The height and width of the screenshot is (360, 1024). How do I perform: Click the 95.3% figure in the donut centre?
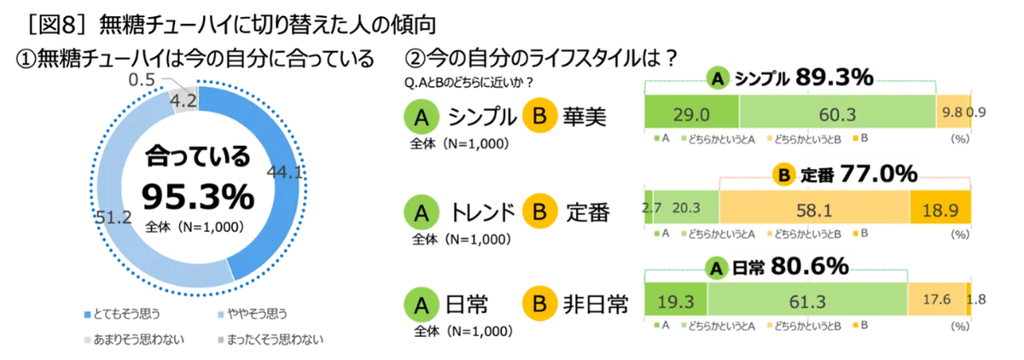[198, 197]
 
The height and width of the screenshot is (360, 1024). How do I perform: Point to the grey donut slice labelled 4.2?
[183, 98]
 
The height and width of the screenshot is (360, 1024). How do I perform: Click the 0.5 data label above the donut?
[142, 80]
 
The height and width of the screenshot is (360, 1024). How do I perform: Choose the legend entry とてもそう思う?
[123, 314]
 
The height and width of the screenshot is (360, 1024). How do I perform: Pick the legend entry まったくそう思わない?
[271, 340]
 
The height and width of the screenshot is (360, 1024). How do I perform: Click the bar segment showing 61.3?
[807, 299]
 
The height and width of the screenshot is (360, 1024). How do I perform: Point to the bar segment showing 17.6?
[937, 299]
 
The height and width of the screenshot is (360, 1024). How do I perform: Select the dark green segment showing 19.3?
[676, 299]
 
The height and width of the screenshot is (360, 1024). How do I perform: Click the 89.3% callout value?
[835, 78]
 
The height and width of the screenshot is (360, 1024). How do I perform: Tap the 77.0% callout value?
[879, 174]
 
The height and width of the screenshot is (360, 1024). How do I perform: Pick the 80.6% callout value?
[810, 266]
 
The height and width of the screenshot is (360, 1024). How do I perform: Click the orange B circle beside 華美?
[540, 115]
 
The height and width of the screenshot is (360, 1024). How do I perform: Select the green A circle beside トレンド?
[422, 212]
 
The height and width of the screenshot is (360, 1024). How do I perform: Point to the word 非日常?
[596, 305]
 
